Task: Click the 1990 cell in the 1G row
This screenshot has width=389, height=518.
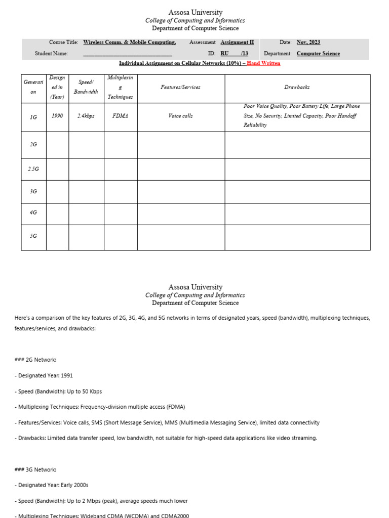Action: [x=57, y=116]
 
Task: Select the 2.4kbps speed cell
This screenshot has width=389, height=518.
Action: [x=86, y=116]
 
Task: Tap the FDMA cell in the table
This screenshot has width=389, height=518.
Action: [x=121, y=116]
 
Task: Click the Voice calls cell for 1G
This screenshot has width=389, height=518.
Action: [x=181, y=116]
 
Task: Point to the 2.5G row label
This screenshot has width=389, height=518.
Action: [x=33, y=169]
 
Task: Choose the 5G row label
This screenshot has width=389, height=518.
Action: [x=33, y=236]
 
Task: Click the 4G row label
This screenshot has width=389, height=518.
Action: [x=33, y=212]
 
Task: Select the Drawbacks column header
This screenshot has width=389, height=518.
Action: [x=297, y=88]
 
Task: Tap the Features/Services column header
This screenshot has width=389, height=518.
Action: [x=180, y=88]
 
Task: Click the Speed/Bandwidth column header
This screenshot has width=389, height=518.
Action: [x=86, y=87]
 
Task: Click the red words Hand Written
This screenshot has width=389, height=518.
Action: [x=263, y=64]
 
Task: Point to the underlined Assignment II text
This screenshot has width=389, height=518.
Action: [x=237, y=42]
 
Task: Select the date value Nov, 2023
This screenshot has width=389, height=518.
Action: [x=308, y=42]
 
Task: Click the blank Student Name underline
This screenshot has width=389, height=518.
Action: [x=127, y=54]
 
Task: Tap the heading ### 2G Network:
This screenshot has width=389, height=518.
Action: [x=35, y=360]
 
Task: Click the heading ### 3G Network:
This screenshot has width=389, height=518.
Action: [x=35, y=469]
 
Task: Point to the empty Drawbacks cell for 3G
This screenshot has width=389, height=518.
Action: [x=297, y=192]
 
